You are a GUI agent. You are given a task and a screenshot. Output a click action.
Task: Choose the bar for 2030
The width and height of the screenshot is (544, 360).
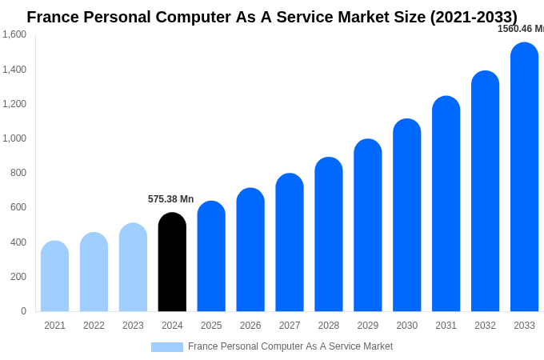point(406,215)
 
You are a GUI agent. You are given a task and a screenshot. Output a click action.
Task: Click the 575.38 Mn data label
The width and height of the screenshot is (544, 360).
point(170,199)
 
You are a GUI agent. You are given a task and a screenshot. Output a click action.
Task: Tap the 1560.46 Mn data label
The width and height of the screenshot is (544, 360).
point(521,29)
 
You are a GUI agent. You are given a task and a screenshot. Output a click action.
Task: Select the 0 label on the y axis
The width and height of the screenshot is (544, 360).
point(23,311)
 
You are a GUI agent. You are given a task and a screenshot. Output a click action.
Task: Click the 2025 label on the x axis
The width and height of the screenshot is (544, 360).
point(211,326)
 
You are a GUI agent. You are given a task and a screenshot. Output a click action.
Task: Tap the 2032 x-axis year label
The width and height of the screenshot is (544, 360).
point(485,326)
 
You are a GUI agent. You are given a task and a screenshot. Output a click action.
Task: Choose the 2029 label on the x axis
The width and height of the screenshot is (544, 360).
point(367,326)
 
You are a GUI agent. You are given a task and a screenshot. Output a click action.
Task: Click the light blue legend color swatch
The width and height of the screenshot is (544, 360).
point(166,347)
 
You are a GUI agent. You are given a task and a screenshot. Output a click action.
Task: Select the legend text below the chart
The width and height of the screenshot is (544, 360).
point(290,346)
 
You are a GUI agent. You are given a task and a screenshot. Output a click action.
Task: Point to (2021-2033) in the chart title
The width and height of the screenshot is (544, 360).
point(474,17)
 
